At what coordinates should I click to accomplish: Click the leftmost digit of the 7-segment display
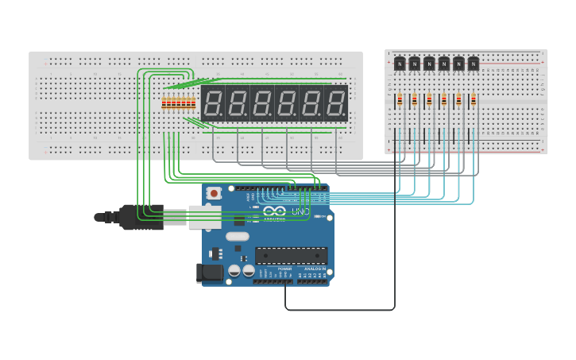(x=213, y=103)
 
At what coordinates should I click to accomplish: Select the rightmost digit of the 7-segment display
(x=336, y=103)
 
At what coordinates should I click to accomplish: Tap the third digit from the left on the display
(x=262, y=103)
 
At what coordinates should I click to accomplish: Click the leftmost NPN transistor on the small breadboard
(x=400, y=64)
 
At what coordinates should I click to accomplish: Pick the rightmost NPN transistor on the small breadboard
(x=474, y=64)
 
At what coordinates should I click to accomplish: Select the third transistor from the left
(x=429, y=64)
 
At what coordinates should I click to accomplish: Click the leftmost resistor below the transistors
(x=400, y=100)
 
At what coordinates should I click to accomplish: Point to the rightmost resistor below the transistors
(x=474, y=100)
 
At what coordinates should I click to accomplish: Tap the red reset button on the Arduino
(x=214, y=193)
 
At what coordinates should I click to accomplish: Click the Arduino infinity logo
(x=274, y=212)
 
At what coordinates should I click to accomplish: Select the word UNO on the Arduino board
(x=300, y=212)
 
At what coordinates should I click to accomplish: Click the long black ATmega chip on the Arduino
(x=291, y=255)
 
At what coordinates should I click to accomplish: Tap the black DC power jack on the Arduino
(x=210, y=273)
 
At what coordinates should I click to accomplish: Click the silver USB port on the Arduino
(x=204, y=217)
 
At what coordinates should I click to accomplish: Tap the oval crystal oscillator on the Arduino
(x=237, y=236)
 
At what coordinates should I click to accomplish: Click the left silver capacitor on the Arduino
(x=234, y=271)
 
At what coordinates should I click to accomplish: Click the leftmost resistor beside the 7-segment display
(x=164, y=103)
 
